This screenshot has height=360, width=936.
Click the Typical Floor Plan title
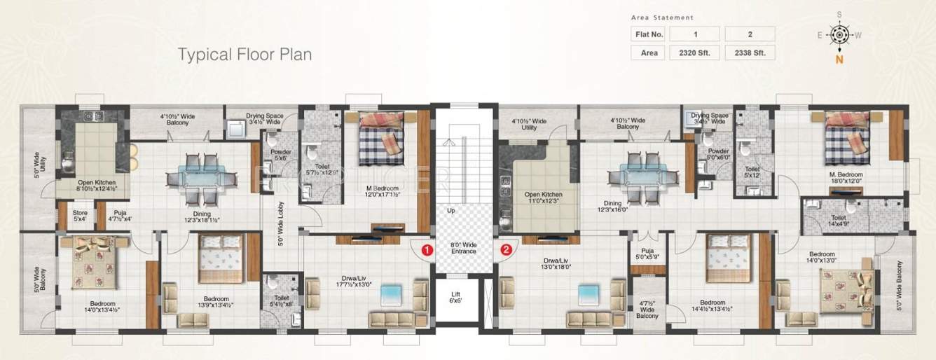coord(244,54)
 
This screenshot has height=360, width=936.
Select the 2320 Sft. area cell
coord(694,53)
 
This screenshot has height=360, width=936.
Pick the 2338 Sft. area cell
coord(750,53)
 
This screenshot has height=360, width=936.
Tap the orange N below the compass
coord(838,60)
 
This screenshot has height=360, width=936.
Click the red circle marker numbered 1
coord(425,249)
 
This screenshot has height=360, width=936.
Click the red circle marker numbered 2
coord(507,249)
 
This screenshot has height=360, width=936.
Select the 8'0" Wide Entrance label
coord(463,247)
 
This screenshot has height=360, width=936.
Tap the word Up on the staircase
coord(450,209)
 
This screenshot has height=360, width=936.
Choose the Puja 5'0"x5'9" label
coord(648,254)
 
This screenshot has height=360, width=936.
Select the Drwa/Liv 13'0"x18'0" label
coord(557,263)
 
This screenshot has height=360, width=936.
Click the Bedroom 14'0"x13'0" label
coord(821,257)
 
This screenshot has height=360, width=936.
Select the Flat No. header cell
coord(647,34)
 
